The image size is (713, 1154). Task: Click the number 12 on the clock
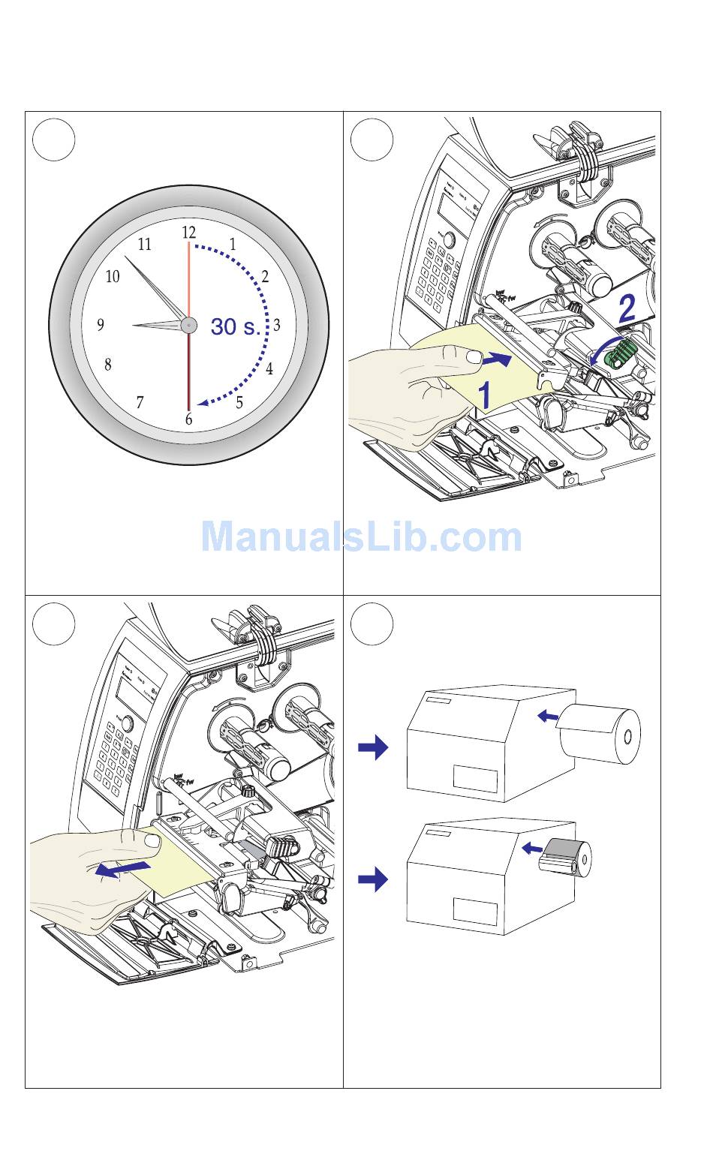point(188,233)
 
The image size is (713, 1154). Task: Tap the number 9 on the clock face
point(101,325)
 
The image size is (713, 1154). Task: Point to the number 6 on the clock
point(188,419)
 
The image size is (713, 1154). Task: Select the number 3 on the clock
point(276,325)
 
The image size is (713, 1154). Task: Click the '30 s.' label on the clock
point(236,327)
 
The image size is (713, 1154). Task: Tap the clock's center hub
point(188,325)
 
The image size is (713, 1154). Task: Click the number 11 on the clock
point(144,244)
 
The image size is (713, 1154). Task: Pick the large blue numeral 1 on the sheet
point(486,395)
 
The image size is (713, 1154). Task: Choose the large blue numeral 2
point(626,308)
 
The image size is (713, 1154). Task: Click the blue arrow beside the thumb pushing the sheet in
point(497,360)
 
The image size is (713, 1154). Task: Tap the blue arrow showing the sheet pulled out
point(122,870)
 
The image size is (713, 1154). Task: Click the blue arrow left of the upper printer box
point(373,747)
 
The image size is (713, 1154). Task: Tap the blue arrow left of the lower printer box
point(373,879)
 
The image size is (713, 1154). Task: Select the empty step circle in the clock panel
point(55,140)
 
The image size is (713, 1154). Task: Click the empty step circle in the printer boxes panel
point(372,624)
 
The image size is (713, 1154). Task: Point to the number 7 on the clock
point(140,403)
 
